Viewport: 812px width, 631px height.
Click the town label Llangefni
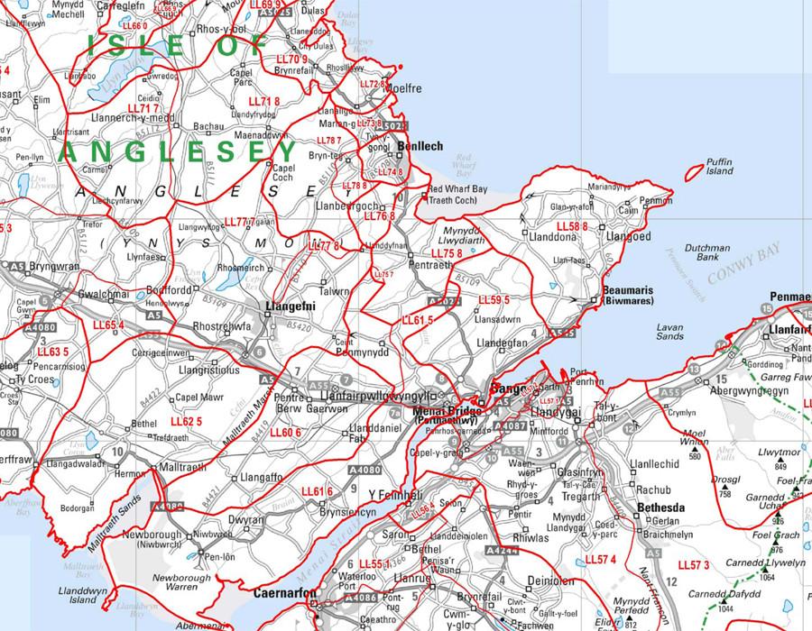(288, 306)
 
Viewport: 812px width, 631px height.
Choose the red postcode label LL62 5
(186, 421)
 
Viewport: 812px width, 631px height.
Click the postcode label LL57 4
(600, 560)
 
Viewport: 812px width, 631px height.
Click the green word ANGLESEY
(177, 151)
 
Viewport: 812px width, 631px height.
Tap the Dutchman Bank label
(706, 252)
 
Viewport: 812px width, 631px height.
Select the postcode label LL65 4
(108, 325)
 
